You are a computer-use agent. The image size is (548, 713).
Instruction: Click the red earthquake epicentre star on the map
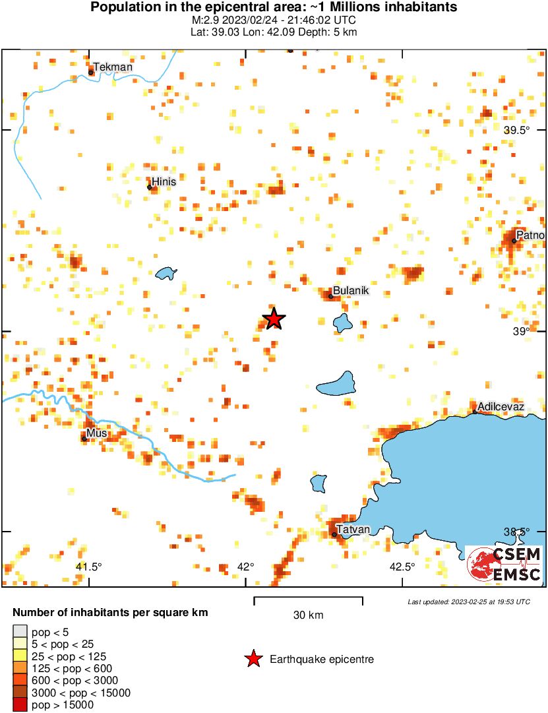(x=274, y=319)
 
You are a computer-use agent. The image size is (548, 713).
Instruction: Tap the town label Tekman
(x=113, y=67)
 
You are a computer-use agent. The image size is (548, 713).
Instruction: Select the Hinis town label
(x=164, y=181)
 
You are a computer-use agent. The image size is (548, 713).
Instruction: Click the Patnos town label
(x=530, y=235)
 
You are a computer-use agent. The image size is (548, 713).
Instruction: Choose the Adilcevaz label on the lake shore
(x=501, y=406)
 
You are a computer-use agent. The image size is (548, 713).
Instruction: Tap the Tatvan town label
(x=353, y=529)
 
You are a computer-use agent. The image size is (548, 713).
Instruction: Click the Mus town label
(x=97, y=433)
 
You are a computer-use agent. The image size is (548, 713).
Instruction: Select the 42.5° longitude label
(x=402, y=567)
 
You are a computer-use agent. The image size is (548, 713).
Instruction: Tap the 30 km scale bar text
(x=308, y=615)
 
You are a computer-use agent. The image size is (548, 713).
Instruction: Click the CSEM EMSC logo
(x=504, y=565)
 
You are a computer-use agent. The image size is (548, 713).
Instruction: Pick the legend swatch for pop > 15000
(x=20, y=705)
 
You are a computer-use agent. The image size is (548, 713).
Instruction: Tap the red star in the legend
(x=253, y=659)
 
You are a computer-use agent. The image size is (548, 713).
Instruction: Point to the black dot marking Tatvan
(x=334, y=534)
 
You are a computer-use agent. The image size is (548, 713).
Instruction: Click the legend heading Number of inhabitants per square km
(x=110, y=613)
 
